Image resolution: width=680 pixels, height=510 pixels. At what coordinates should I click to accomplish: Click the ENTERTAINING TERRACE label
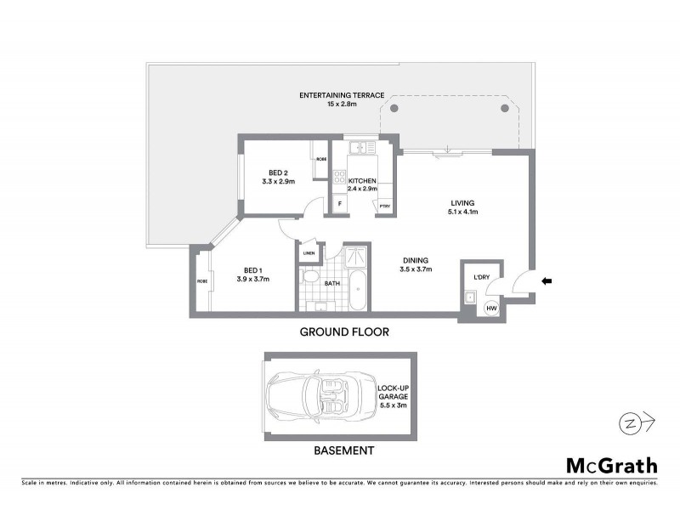click(x=342, y=93)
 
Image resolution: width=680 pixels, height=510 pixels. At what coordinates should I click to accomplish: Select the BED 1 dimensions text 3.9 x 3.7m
click(x=252, y=279)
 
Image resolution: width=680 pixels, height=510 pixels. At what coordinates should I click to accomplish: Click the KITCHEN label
click(x=362, y=180)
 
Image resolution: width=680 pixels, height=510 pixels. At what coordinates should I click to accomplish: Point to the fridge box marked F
click(x=339, y=205)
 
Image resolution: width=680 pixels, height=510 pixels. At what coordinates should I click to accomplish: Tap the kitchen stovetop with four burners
click(x=340, y=178)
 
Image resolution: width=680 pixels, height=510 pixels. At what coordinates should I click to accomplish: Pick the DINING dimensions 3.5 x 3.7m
click(x=416, y=269)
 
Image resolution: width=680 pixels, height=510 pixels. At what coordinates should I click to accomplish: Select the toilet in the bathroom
click(x=310, y=279)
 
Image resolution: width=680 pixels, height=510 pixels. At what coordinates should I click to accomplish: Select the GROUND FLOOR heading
click(x=344, y=332)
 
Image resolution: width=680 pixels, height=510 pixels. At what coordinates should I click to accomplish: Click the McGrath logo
click(x=611, y=465)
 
